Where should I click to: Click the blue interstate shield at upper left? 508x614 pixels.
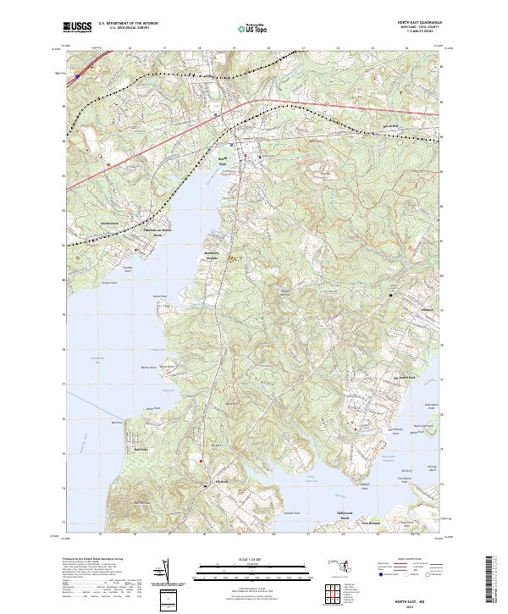coord(76,76)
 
